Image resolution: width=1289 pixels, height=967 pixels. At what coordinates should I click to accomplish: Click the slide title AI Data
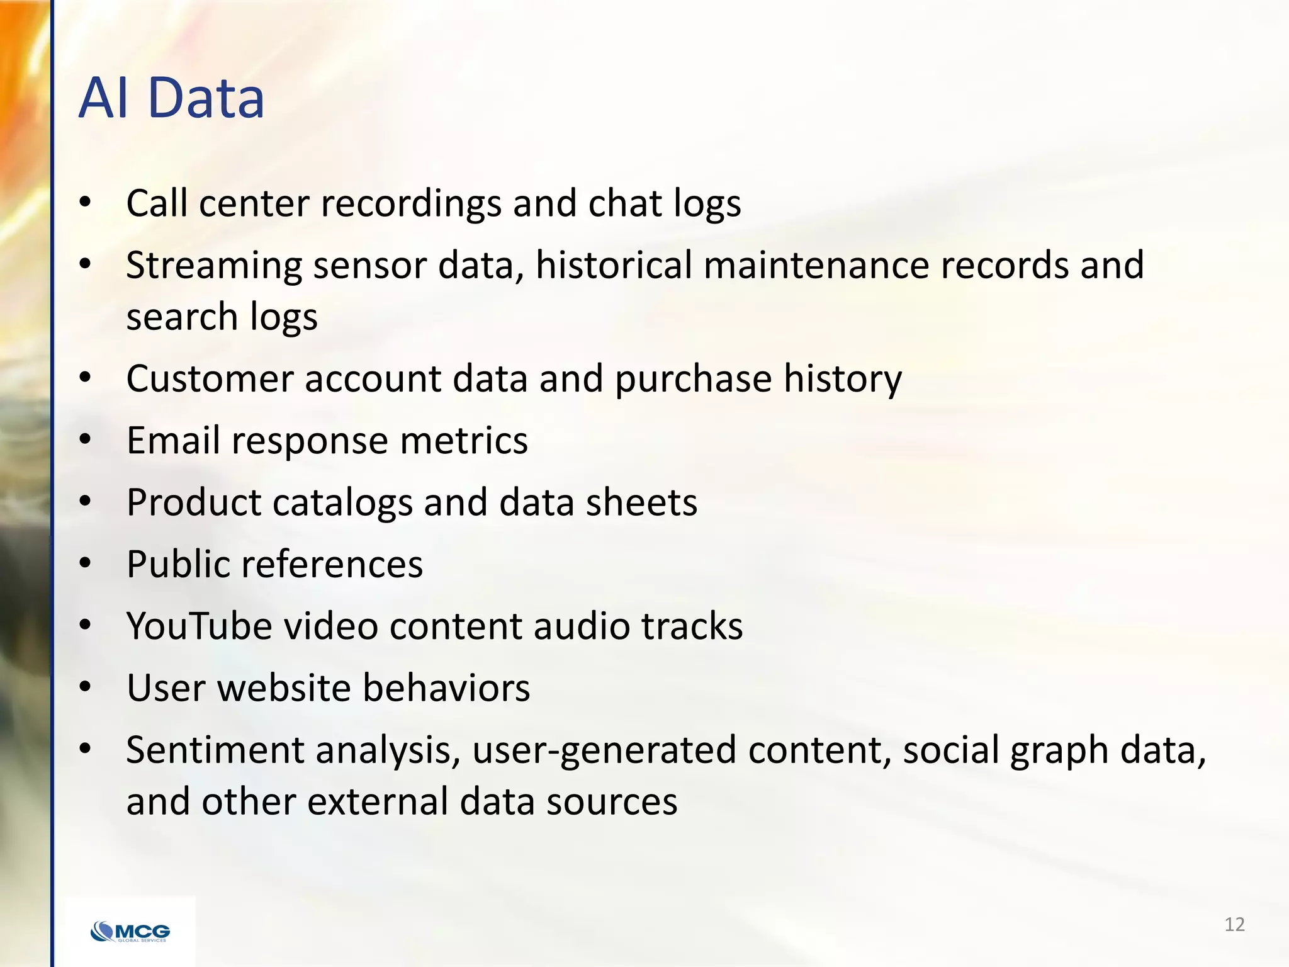coord(171,98)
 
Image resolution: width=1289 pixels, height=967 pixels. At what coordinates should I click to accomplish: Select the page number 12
coord(1234,925)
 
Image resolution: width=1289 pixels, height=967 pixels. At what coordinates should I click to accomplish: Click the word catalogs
coord(342,503)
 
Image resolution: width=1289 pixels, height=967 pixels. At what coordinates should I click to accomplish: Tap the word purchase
coord(693,380)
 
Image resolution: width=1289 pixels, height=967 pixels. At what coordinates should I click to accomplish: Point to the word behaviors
coord(446,687)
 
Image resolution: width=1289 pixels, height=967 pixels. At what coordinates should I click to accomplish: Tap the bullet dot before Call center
coord(86,203)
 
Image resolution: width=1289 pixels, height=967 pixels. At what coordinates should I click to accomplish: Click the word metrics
coord(464,440)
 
